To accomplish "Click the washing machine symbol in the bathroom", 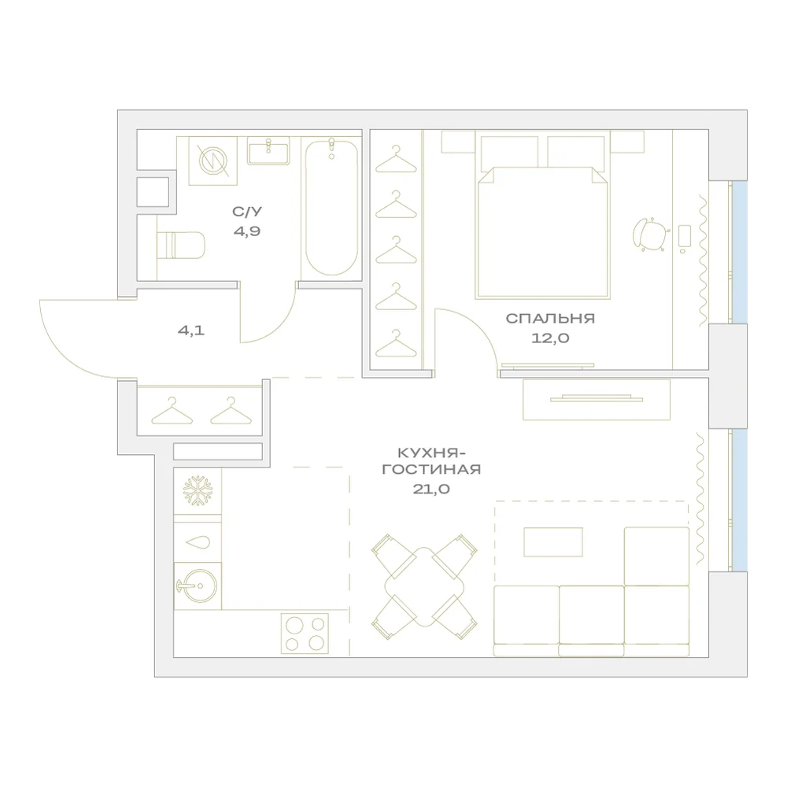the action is click(212, 160).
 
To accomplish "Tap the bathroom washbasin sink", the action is click(268, 150).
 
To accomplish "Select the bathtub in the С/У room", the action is click(332, 207).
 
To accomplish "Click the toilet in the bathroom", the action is click(181, 245).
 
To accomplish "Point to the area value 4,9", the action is click(247, 231).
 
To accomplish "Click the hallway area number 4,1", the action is click(191, 331).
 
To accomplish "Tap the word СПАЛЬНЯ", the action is click(550, 318).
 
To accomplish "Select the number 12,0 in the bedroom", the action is click(550, 338).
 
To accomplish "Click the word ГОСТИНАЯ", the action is click(431, 470).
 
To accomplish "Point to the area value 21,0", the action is click(431, 490).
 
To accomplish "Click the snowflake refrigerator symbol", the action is click(198, 490).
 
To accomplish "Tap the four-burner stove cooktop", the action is click(305, 634).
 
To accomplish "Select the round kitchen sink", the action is click(197, 586).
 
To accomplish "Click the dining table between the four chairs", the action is click(425, 587).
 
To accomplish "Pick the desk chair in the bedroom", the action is click(651, 234).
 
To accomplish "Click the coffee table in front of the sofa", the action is click(553, 542).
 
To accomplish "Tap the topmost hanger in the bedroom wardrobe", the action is click(396, 159).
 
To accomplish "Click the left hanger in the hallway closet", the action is click(172, 411).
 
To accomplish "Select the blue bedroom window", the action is click(739, 252).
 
